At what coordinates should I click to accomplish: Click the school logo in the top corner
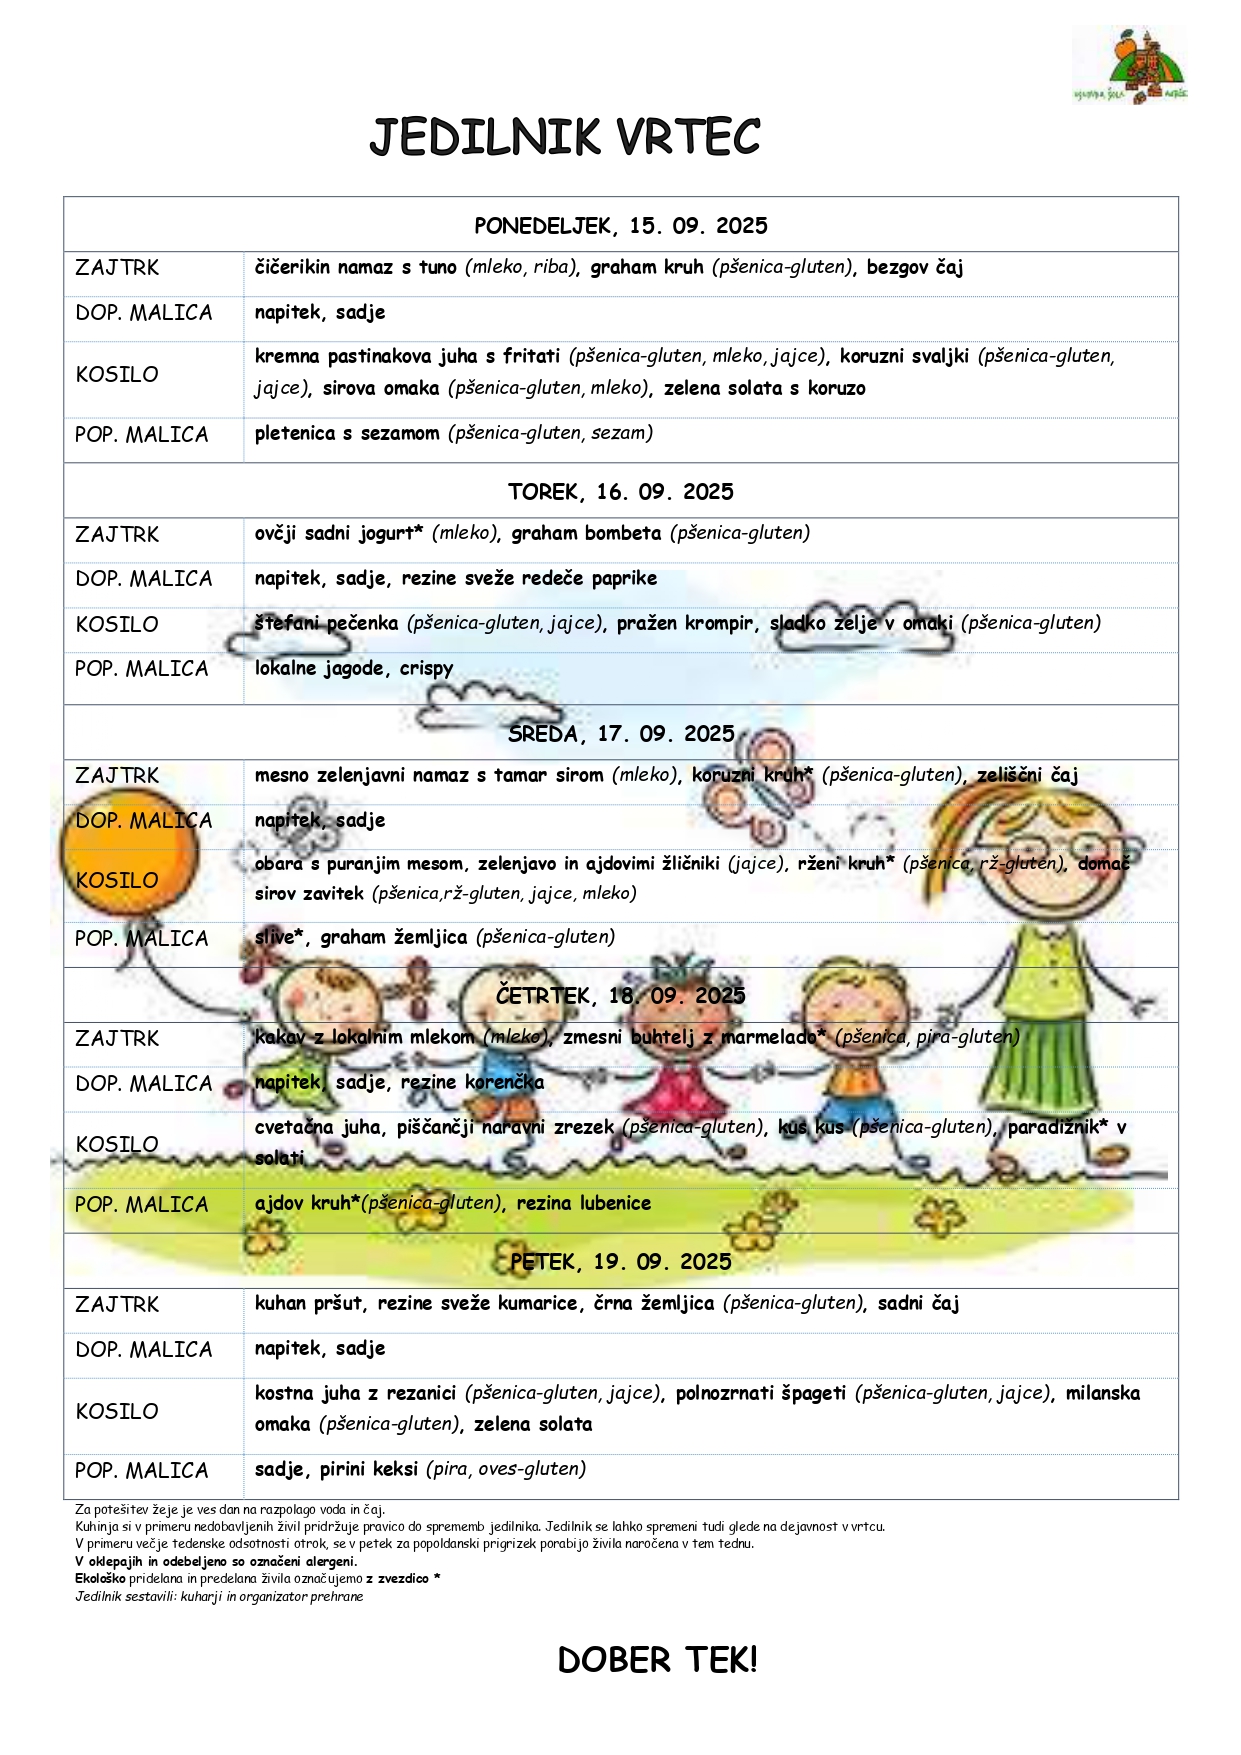coord(1130,65)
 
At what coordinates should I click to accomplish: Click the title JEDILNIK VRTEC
coord(565,138)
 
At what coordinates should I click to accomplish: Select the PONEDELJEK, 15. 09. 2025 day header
coord(620,226)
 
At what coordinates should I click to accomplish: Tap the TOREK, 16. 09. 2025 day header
coord(620,492)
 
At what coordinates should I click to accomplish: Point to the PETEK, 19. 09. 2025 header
coord(620,1262)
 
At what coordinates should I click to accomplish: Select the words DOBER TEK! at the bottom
coord(657,1661)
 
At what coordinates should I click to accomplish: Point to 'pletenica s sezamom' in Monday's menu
coord(347,433)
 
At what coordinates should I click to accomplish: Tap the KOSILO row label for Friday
coord(117,1412)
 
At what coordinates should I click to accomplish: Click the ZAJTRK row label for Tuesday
coord(117,535)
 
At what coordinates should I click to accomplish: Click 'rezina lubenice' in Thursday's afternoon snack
coord(583,1204)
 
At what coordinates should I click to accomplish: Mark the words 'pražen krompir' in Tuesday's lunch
coord(684,624)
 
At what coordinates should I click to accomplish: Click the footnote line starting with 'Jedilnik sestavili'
coord(219,1597)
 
